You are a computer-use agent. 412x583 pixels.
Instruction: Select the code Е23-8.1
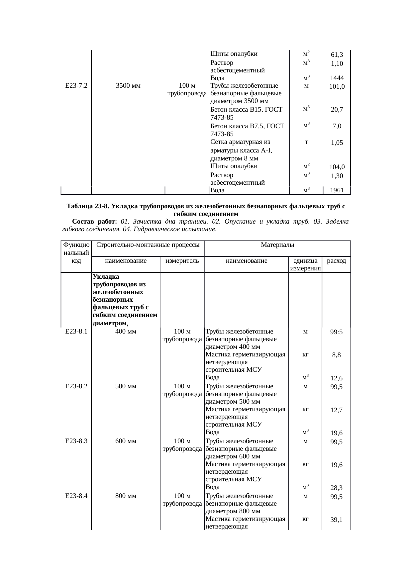76,331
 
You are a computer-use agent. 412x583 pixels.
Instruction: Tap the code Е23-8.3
76,441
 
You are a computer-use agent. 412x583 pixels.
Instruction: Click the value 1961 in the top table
337,190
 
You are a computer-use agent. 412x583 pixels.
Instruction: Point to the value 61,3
337,55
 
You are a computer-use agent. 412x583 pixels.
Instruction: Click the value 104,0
337,167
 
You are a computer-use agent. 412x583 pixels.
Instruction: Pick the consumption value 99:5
337,332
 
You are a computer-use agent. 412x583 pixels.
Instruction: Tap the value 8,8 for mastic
337,355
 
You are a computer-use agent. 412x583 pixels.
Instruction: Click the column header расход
337,261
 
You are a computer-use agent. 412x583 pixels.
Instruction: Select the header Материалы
277,245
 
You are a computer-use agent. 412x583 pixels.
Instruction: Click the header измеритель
182,261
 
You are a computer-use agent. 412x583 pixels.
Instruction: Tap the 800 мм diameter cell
126,496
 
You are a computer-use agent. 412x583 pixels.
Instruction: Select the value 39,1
337,520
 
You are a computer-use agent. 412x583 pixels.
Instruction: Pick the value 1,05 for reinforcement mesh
337,143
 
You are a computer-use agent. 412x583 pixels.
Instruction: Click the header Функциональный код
76,253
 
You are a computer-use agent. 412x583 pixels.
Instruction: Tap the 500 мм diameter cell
126,386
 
